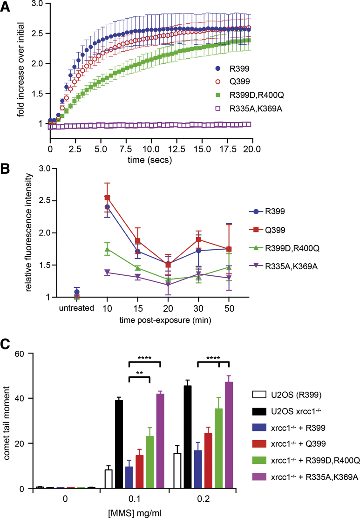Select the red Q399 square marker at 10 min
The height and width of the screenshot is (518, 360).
coord(108,198)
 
